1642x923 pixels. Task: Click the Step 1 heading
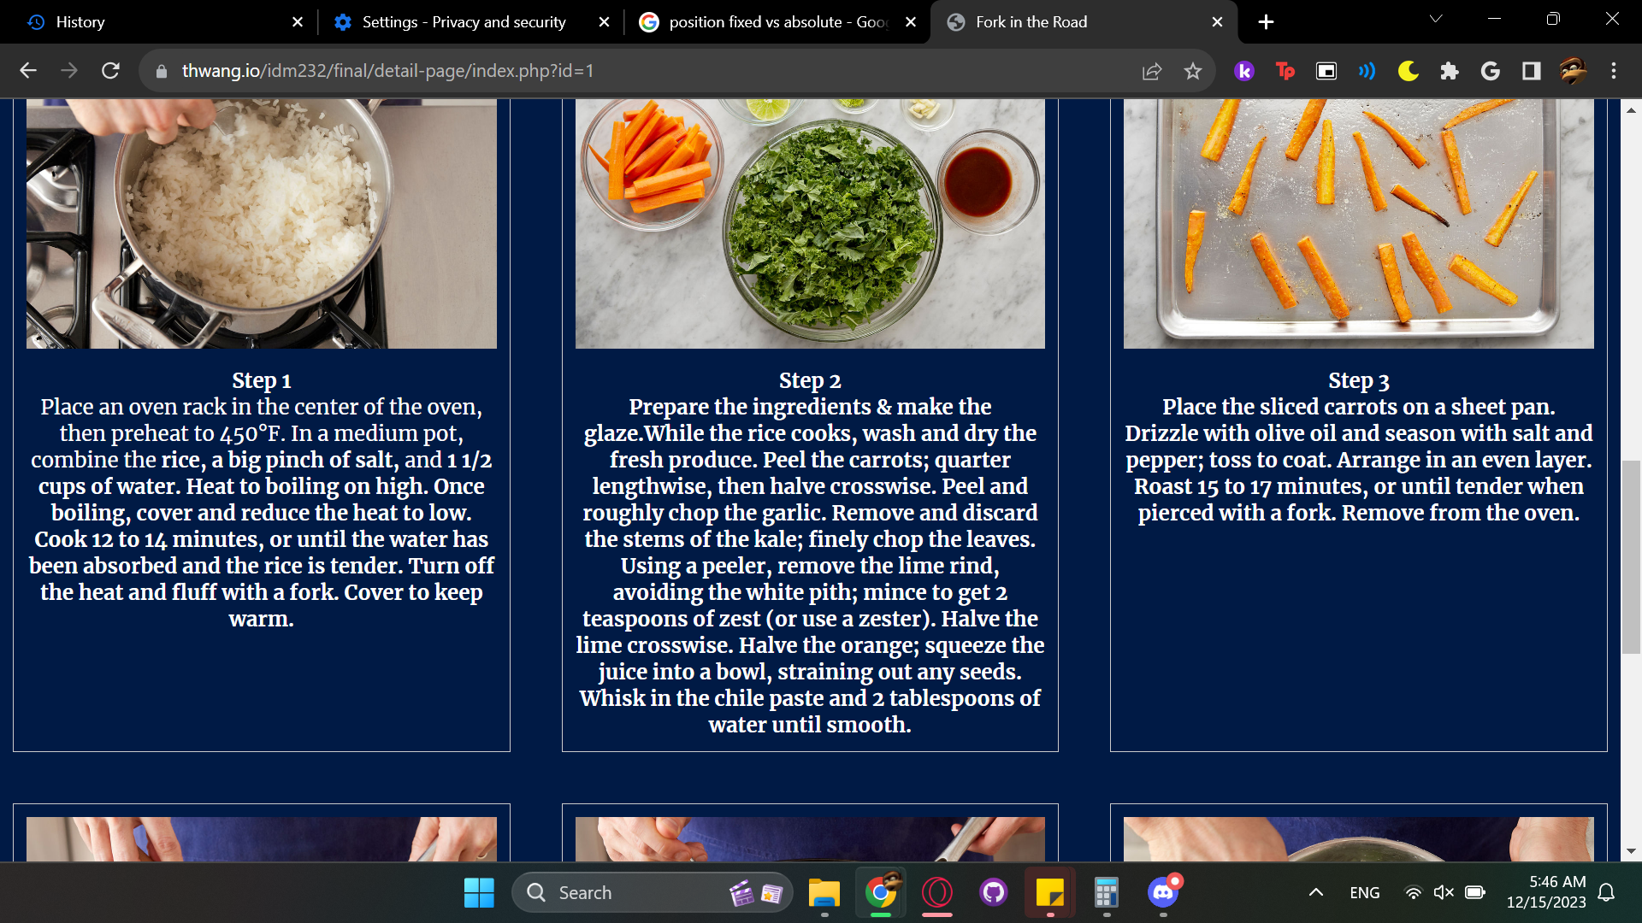point(261,380)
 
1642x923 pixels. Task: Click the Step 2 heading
point(810,380)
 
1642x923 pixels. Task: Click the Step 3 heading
point(1358,380)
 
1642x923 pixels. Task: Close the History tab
point(298,22)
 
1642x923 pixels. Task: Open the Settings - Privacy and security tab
point(464,22)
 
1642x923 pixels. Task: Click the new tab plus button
point(1266,22)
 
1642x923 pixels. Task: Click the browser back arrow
point(28,71)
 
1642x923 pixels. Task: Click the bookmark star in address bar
point(1193,71)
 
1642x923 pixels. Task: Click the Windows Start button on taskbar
point(479,892)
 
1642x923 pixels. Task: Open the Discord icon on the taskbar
point(1163,892)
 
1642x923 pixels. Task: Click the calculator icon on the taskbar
point(1107,892)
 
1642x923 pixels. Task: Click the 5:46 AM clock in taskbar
point(1556,882)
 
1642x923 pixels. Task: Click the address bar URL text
point(387,71)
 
